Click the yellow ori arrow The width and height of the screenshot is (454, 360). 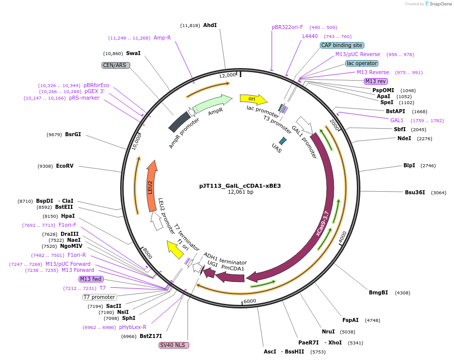click(253, 99)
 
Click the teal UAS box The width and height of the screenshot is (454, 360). click(283, 141)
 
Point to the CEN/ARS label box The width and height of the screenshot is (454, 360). click(116, 65)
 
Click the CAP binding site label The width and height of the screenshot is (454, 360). click(342, 45)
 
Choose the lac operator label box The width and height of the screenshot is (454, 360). click(362, 63)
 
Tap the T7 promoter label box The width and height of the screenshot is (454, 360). click(100, 297)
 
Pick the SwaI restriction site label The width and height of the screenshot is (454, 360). click(133, 53)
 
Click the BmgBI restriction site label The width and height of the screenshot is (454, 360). click(378, 292)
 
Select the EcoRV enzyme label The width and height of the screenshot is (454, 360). click(65, 166)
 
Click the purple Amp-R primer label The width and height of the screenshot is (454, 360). click(162, 38)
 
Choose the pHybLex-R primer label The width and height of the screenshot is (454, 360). click(133, 327)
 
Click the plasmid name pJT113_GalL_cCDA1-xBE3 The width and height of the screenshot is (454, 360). click(240, 185)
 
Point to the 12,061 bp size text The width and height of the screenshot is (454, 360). click(240, 192)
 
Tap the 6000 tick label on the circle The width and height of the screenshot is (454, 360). click(249, 301)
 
